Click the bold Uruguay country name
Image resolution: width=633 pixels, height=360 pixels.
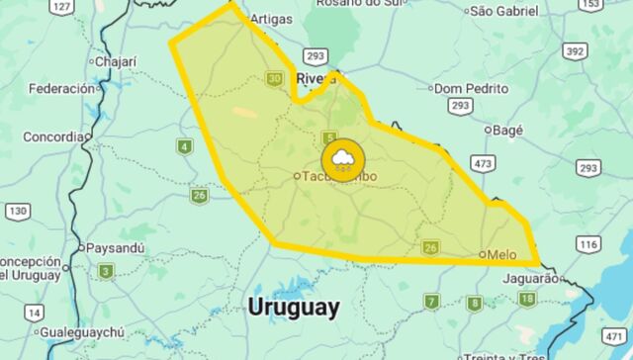[294, 307]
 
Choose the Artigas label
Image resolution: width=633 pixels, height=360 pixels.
[272, 18]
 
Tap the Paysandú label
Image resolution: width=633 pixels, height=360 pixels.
[117, 247]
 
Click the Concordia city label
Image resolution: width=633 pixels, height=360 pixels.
[54, 136]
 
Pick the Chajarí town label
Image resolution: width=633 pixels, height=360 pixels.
[118, 61]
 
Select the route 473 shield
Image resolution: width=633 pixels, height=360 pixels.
[482, 162]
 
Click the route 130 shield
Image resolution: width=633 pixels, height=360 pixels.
[17, 211]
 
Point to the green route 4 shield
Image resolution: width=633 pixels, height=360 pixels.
[184, 147]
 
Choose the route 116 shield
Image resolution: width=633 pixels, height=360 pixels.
[588, 243]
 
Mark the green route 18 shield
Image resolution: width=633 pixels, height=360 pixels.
[527, 299]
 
